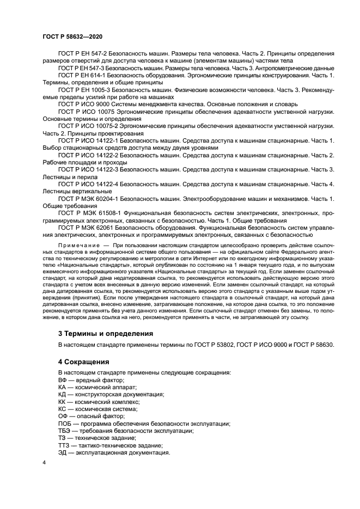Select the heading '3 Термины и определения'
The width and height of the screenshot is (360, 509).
105,333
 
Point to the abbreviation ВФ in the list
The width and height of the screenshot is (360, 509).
63,379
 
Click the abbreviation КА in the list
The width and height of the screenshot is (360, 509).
63,387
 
